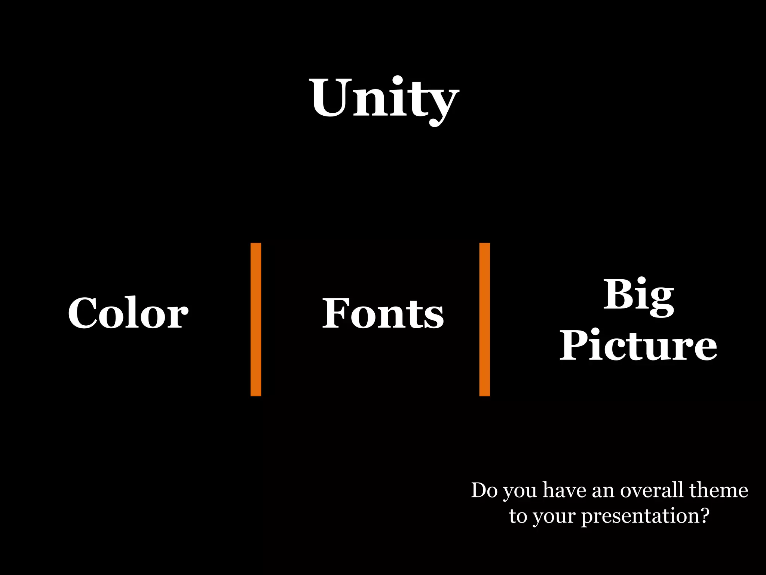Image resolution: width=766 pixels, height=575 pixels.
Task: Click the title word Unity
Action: [x=384, y=98]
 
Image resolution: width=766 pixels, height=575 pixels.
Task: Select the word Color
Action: [x=128, y=313]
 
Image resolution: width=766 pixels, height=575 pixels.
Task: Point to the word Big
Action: [x=638, y=296]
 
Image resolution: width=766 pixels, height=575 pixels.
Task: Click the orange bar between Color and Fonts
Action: [x=256, y=319]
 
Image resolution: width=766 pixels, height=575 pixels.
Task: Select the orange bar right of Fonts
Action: [x=484, y=319]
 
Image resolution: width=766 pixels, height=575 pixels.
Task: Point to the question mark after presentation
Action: [x=704, y=515]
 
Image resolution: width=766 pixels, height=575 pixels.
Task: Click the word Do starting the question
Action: [x=484, y=490]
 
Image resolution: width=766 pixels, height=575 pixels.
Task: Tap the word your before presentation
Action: [x=554, y=517]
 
